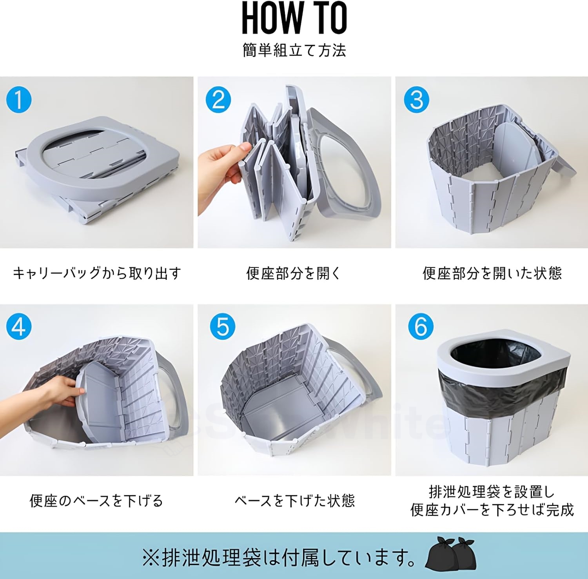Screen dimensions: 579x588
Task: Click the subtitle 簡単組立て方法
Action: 294,51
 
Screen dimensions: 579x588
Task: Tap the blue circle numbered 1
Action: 19,100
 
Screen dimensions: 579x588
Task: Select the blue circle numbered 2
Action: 218,100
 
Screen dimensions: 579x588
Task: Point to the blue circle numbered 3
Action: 416,100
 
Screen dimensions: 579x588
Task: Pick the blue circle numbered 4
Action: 19,327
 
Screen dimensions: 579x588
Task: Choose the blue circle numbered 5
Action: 222,327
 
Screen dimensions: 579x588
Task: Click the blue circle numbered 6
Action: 420,327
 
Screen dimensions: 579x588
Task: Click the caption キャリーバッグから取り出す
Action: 97,273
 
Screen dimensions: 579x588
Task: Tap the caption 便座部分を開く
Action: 294,273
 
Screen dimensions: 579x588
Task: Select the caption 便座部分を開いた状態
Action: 492,273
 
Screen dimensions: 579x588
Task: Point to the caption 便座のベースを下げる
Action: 96,501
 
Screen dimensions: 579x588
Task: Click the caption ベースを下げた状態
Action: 294,501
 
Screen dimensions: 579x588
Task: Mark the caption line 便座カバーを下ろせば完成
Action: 492,510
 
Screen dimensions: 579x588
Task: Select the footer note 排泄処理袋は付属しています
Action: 278,557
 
